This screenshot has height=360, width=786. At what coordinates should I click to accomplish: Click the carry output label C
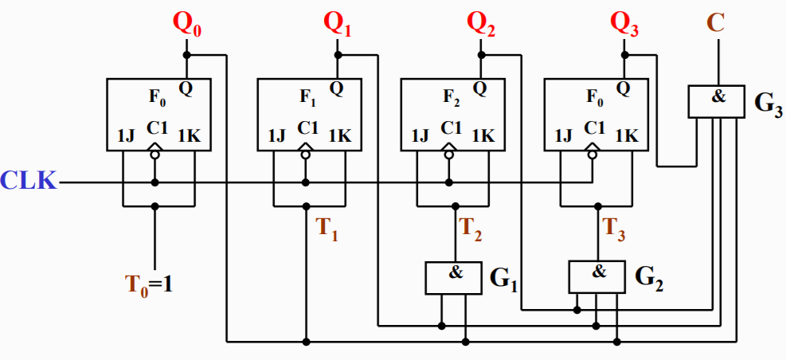[x=717, y=22]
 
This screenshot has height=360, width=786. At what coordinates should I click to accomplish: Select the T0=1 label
[x=152, y=283]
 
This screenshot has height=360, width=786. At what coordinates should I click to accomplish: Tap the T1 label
[x=327, y=229]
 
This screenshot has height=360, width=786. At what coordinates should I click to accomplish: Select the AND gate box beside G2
[x=598, y=276]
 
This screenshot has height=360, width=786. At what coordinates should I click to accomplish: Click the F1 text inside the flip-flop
[x=308, y=97]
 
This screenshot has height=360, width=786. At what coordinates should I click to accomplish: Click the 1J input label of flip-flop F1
[x=277, y=136]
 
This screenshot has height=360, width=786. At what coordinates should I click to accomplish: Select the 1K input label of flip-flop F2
[x=483, y=136]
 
